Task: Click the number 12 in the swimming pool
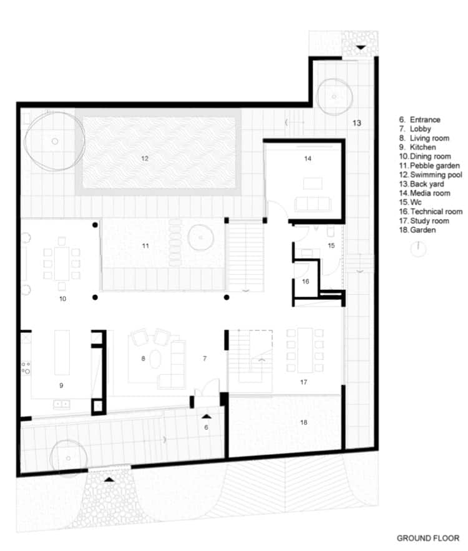pyautogui.click(x=145, y=159)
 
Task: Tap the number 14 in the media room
pyautogui.click(x=308, y=159)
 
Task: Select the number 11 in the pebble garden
pyautogui.click(x=145, y=246)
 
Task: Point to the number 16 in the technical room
pyautogui.click(x=305, y=282)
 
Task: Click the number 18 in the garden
pyautogui.click(x=304, y=422)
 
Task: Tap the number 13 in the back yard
pyautogui.click(x=357, y=123)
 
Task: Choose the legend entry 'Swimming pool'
pyautogui.click(x=431, y=175)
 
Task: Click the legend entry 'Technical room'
pyautogui.click(x=431, y=211)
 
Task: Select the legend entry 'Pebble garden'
pyautogui.click(x=429, y=166)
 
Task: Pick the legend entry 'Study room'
pyautogui.click(x=424, y=221)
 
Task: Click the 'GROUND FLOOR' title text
pyautogui.click(x=428, y=538)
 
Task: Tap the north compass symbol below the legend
pyautogui.click(x=418, y=249)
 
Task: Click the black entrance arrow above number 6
pyautogui.click(x=207, y=417)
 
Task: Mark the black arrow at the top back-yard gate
pyautogui.click(x=361, y=47)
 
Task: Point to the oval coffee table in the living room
pyautogui.click(x=155, y=359)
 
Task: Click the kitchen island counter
pyautogui.click(x=62, y=352)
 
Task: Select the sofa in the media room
pyautogui.click(x=313, y=204)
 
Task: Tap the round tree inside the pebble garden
pyautogui.click(x=201, y=238)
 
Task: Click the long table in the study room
pyautogui.click(x=305, y=350)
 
